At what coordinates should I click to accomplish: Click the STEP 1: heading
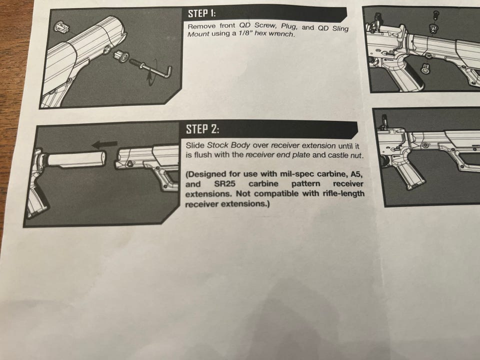click(201, 14)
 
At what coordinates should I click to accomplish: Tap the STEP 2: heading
click(202, 129)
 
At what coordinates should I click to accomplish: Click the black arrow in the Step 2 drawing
click(105, 144)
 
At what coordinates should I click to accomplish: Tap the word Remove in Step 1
click(201, 26)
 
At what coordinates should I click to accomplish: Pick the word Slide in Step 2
click(195, 145)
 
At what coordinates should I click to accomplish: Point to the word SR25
click(224, 184)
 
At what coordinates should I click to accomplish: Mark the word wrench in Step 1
click(284, 34)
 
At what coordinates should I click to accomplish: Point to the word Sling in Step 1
click(340, 29)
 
